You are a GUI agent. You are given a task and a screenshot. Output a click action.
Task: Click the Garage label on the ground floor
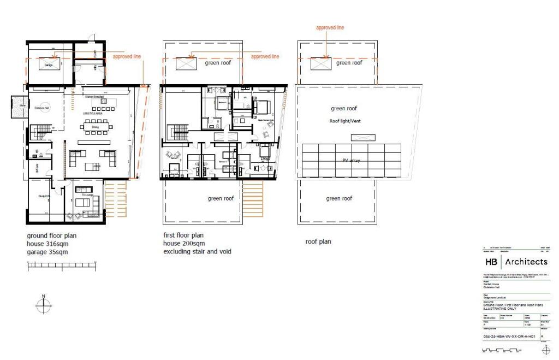click(49, 65)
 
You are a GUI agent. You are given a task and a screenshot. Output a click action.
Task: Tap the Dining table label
click(95, 126)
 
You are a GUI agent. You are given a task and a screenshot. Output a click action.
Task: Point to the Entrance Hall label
click(39, 109)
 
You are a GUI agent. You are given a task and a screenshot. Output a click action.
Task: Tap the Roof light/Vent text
click(347, 121)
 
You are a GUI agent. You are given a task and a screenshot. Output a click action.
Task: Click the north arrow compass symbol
click(43, 304)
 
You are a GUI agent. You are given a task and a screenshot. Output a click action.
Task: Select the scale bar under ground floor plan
click(62, 265)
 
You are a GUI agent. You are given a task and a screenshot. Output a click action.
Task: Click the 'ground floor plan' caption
click(52, 236)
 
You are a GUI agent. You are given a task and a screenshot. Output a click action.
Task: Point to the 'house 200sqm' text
click(184, 244)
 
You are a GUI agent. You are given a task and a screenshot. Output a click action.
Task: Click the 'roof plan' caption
click(318, 241)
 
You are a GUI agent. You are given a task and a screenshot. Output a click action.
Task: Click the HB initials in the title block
click(491, 262)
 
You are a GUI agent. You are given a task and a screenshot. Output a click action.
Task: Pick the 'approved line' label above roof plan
click(330, 27)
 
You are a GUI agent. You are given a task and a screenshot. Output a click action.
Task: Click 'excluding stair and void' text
click(197, 252)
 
